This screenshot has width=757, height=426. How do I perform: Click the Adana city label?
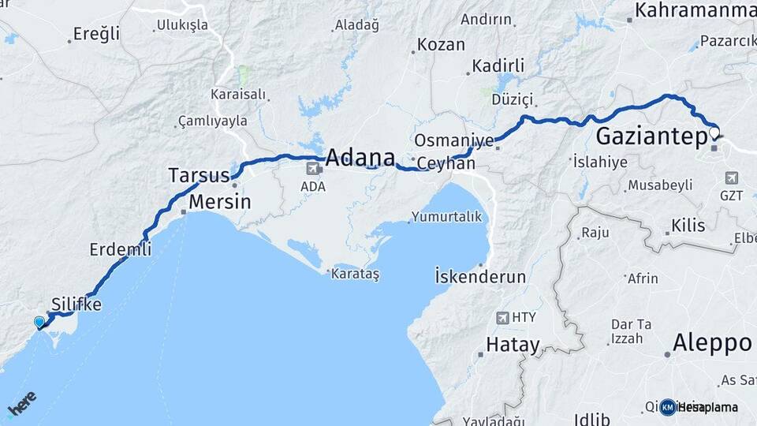(x=360, y=156)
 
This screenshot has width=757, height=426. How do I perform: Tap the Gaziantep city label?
(x=651, y=136)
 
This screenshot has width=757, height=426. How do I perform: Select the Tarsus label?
(x=199, y=175)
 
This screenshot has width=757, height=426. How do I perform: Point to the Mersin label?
(x=220, y=202)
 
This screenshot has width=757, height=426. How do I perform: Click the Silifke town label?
(x=76, y=304)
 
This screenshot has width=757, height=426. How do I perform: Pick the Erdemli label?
(x=120, y=249)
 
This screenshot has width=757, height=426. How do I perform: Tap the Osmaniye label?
(x=453, y=140)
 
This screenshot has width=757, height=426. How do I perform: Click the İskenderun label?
(x=479, y=277)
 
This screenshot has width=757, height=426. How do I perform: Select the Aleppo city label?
(x=712, y=343)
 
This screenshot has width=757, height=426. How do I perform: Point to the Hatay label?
(x=513, y=345)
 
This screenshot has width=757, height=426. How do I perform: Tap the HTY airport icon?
(x=502, y=317)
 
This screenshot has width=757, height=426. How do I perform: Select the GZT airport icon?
(x=731, y=177)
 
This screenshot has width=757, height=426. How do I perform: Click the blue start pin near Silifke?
(x=39, y=322)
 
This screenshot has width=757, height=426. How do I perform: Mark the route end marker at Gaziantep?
(x=714, y=132)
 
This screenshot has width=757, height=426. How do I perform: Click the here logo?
(x=21, y=404)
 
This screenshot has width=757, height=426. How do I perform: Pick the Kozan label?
(x=441, y=45)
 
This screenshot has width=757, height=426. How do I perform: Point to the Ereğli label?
(x=96, y=34)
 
